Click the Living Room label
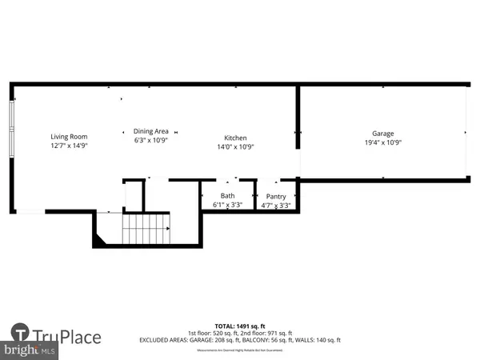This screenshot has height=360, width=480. tap(70, 137)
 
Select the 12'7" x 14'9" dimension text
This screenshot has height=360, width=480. tap(70, 146)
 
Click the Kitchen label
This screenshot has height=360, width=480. tap(235, 138)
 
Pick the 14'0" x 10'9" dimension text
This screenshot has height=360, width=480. tap(235, 147)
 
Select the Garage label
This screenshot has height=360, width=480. tap(382, 134)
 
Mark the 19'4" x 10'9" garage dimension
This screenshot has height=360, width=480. tap(382, 143)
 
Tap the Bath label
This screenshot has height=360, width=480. tap(228, 196)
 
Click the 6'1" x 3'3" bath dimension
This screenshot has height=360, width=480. tap(228, 206)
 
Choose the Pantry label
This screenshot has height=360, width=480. tap(276, 196)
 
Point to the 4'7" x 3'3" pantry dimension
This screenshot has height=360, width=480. tap(276, 206)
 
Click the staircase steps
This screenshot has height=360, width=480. tap(147, 230)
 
